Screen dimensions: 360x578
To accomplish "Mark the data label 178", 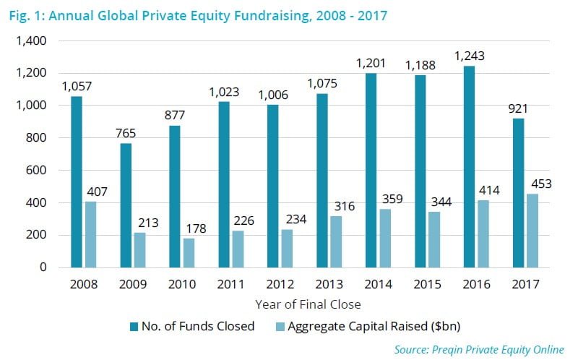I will (195, 228).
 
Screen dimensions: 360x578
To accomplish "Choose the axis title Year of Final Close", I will (308, 304).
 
